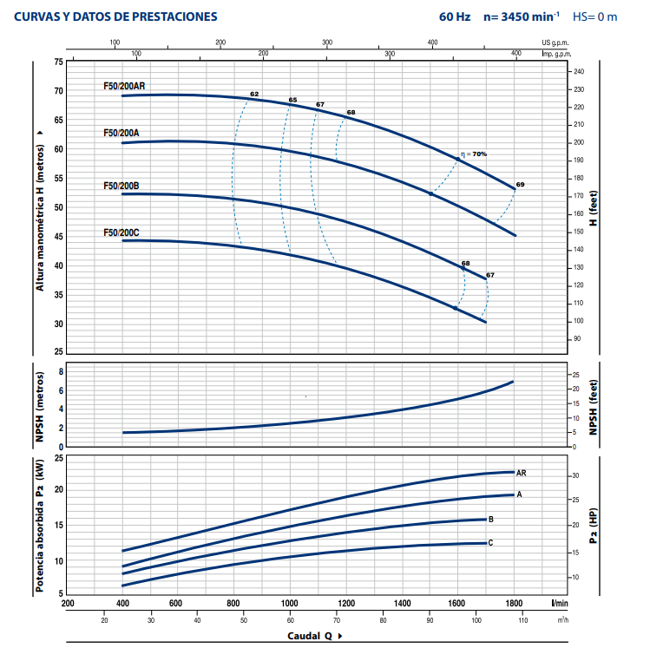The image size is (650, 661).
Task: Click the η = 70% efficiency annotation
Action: (x=475, y=154)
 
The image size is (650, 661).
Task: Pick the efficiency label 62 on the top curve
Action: (x=254, y=94)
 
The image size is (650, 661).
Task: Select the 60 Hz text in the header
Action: (x=455, y=16)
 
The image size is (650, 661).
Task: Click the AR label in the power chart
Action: (x=522, y=473)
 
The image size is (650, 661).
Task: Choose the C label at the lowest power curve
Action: (x=491, y=543)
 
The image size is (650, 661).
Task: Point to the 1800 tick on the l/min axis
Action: (x=513, y=603)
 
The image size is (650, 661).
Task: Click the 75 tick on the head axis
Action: (x=59, y=62)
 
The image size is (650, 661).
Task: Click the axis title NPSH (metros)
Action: (x=40, y=405)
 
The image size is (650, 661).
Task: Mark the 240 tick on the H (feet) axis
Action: (x=579, y=71)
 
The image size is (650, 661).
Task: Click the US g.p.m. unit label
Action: (x=558, y=42)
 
